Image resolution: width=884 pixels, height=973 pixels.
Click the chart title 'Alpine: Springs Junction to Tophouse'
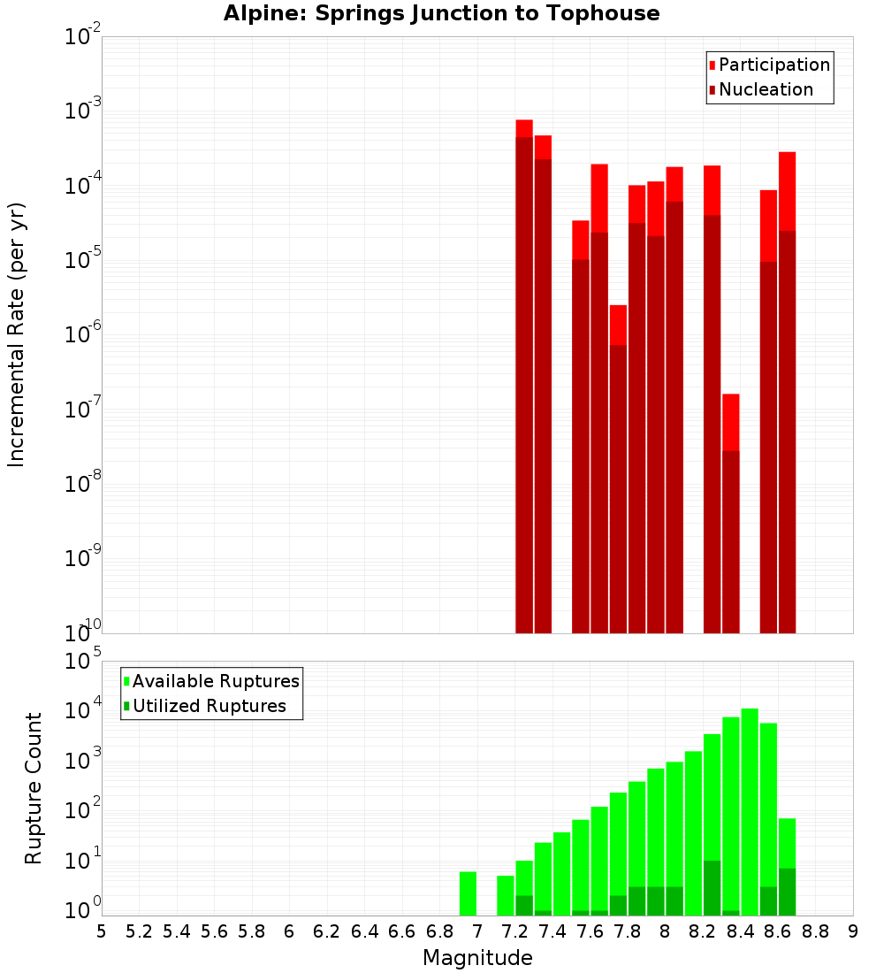point(441,13)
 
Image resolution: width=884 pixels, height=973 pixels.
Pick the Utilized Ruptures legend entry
point(209,706)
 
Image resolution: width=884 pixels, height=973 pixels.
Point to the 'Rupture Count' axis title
point(34,788)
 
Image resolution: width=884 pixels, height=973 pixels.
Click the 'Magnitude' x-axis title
point(477,958)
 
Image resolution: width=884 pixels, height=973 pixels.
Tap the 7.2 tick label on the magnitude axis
point(514,931)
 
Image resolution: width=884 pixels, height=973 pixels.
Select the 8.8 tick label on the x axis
point(815,931)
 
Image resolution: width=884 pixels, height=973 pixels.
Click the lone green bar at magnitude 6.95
point(468,893)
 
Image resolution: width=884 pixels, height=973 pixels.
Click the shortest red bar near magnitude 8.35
point(730,513)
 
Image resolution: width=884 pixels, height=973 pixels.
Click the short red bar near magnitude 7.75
point(618,469)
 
